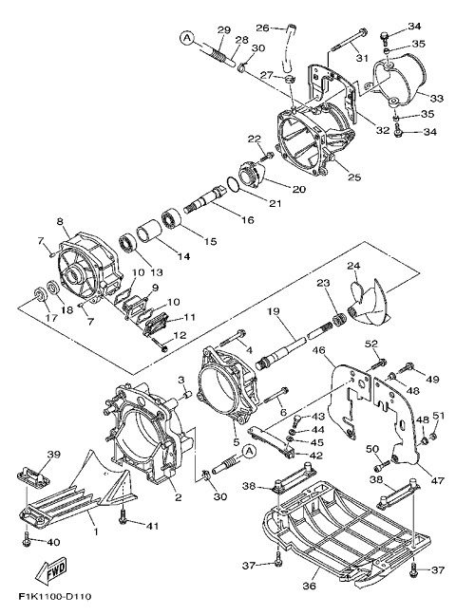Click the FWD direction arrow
pos(51,569)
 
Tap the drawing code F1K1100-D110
pos(55,597)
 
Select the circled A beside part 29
pos(187,38)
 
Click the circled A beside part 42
pos(248,452)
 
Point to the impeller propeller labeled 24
pos(368,303)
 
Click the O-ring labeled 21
pos(233,185)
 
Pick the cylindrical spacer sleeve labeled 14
pos(149,233)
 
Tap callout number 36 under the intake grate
pos(310,586)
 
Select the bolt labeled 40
pos(27,539)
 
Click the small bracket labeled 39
pos(33,475)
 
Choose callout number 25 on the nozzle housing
pos(354,177)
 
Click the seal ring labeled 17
pos(40,294)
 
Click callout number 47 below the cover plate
pos(437,480)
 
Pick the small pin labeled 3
pos(186,395)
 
